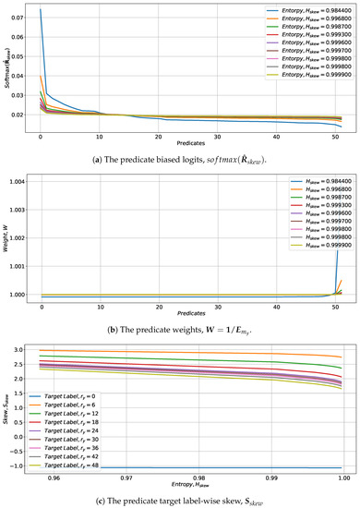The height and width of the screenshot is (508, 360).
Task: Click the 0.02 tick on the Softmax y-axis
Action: click(20, 115)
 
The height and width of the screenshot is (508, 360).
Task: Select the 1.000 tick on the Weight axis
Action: click(20, 321)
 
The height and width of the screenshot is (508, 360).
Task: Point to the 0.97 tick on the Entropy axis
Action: click(123, 480)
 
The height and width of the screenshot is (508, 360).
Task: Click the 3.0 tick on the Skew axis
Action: click(20, 376)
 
